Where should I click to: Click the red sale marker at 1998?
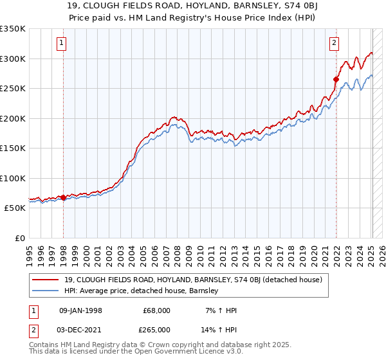coord(63,197)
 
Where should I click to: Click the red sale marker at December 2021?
coord(336,80)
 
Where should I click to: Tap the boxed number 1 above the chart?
coord(62,44)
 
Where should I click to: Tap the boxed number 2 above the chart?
coord(335,44)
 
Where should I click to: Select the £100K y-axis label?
coord(13,178)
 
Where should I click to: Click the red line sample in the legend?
coord(46,279)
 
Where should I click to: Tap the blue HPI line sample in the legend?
coord(46,291)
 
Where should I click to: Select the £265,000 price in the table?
coord(157,329)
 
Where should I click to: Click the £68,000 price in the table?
coord(157,310)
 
